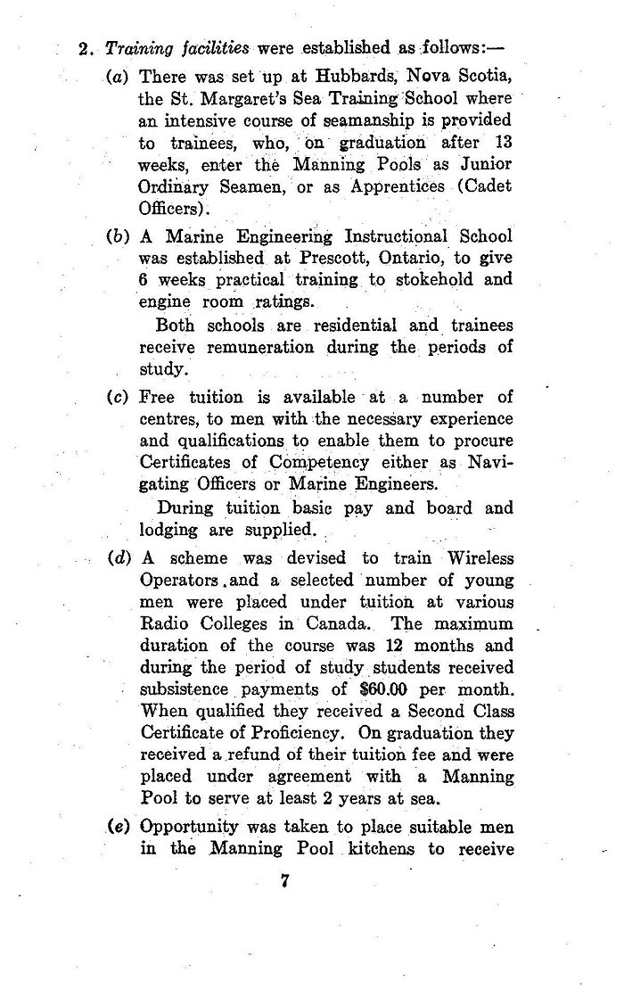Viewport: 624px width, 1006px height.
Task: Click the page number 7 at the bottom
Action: pyautogui.click(x=285, y=883)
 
